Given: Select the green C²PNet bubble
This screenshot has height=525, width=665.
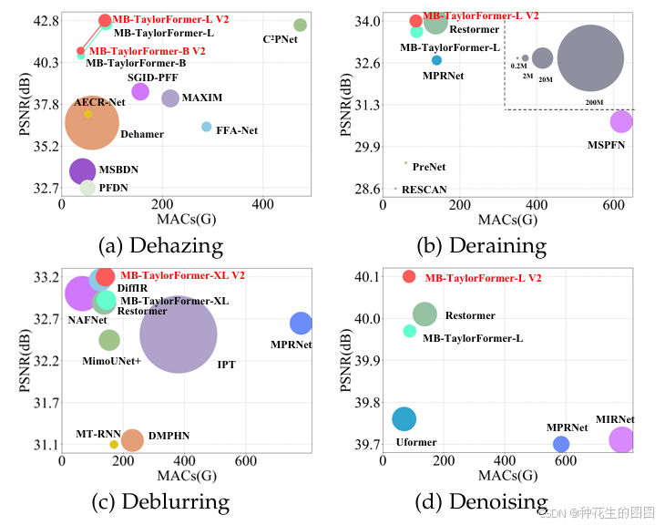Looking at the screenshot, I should point(301,25).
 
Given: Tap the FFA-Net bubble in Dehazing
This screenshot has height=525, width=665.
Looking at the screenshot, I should point(207,127).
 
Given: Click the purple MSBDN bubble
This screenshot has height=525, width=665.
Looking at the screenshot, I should point(83,170).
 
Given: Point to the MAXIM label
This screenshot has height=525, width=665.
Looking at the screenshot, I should point(202,98).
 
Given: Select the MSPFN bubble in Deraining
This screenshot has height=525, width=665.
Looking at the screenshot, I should point(621,121).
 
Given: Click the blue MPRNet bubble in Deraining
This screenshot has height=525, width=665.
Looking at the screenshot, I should point(436,60).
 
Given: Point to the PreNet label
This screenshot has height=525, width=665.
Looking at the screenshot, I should point(428,168).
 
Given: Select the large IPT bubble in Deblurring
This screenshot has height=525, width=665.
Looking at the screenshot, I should point(179,335).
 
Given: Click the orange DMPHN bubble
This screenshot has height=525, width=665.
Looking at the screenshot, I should point(132,440).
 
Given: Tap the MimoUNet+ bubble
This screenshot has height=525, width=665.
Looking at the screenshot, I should point(109,340).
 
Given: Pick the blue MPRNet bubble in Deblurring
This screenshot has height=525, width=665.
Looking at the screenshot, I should point(301,323).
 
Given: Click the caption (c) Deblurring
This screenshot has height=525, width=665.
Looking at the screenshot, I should point(163,500).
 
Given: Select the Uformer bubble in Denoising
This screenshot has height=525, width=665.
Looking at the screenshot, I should point(404,418).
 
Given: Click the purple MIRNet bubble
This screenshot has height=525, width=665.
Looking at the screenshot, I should point(621,440).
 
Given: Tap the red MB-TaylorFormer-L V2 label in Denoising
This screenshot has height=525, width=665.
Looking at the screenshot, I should point(483,277).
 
